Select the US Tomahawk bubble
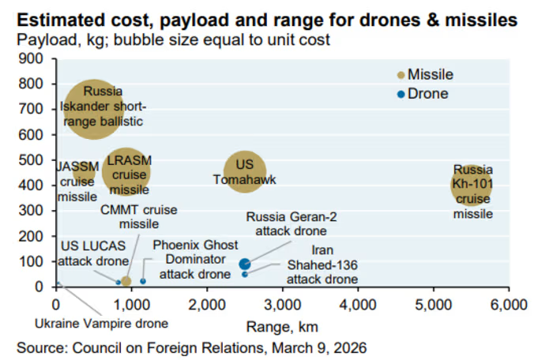(x=245, y=171)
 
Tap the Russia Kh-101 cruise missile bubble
(x=472, y=186)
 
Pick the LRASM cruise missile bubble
(x=126, y=173)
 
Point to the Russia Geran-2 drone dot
(x=245, y=264)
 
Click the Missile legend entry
(x=425, y=75)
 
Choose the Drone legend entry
(x=423, y=94)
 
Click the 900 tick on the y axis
(x=36, y=59)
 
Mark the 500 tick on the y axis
(x=36, y=160)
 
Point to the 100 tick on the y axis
(x=36, y=261)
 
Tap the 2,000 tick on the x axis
(x=207, y=305)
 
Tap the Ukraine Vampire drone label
(x=101, y=323)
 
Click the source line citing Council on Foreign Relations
(x=192, y=347)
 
